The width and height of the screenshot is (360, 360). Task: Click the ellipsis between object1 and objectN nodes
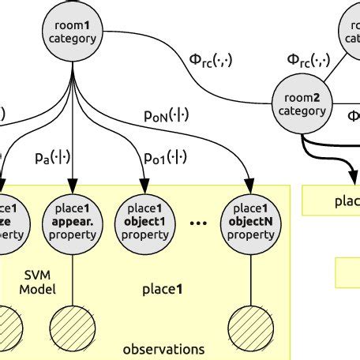197,223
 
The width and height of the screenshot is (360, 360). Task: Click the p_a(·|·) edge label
47,159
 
